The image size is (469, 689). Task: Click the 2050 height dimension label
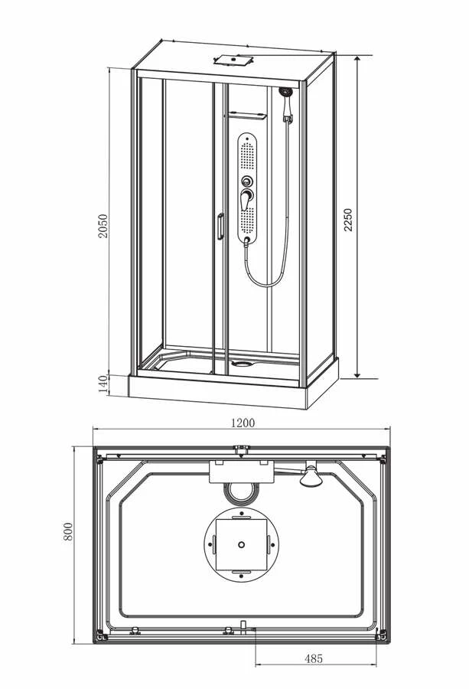point(103,226)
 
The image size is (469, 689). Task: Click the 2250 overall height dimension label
point(348,220)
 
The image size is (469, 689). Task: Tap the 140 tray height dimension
point(103,384)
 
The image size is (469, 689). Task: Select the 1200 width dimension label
point(243,423)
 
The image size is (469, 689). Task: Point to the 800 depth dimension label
point(68,531)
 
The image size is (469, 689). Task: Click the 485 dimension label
point(313,658)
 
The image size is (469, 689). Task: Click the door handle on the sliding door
point(220,227)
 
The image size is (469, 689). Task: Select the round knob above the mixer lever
point(247,181)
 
